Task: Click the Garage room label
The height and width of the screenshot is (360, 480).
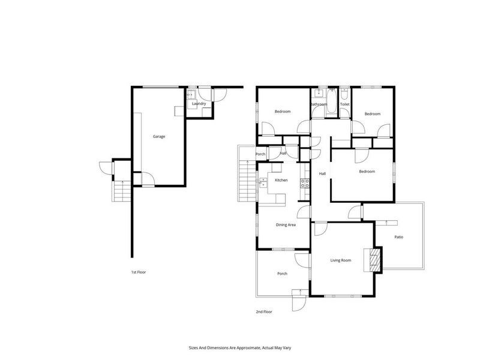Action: (158, 136)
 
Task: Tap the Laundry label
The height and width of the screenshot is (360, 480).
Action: (199, 104)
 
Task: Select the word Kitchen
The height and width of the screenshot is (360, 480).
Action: (281, 180)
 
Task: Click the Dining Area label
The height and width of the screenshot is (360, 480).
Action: (286, 225)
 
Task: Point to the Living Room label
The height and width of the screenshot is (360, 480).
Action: (341, 260)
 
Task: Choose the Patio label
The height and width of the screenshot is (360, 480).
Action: (398, 237)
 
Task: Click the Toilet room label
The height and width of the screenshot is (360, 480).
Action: (344, 104)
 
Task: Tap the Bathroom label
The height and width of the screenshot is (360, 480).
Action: (319, 104)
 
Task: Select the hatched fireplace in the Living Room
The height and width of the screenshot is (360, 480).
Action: (375, 259)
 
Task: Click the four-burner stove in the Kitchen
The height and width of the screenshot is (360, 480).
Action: (305, 184)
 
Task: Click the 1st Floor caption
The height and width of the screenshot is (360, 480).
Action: (139, 272)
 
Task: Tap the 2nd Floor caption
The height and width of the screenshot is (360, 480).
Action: (264, 312)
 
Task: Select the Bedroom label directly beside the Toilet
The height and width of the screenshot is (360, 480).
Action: (373, 114)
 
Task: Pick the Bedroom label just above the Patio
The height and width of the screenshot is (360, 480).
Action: (367, 172)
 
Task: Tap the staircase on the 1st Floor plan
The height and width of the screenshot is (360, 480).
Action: (122, 191)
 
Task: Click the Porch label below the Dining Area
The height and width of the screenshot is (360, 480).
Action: (282, 274)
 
